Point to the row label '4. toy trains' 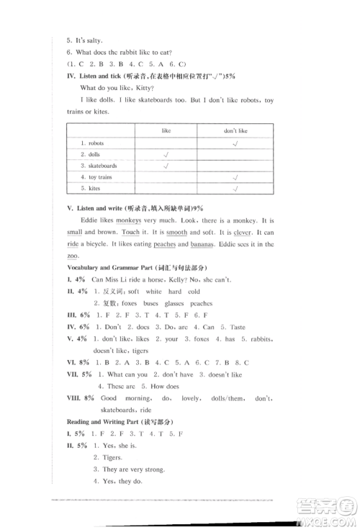coord(96,177)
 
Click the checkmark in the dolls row coord(166,154)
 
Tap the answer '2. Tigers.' coord(108,457)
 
